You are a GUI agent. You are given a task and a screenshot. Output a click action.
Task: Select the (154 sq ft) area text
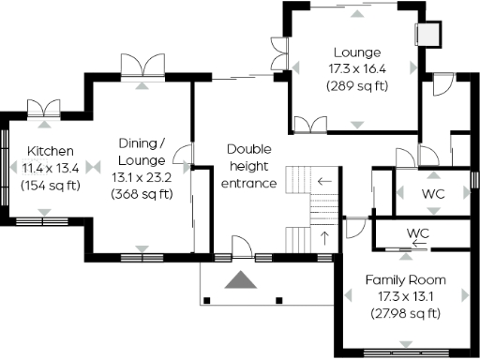51,185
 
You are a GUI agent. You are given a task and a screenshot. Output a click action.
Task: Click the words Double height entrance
249,166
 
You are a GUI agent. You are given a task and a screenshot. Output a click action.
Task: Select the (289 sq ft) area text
356,86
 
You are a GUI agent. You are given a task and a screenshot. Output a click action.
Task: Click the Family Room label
405,280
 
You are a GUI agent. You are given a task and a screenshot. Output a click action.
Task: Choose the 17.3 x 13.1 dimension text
405,297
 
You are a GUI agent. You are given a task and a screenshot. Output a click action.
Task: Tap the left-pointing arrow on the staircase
324,182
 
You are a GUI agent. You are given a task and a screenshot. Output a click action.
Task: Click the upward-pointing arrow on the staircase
325,236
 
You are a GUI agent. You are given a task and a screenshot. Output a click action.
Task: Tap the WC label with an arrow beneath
417,232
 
